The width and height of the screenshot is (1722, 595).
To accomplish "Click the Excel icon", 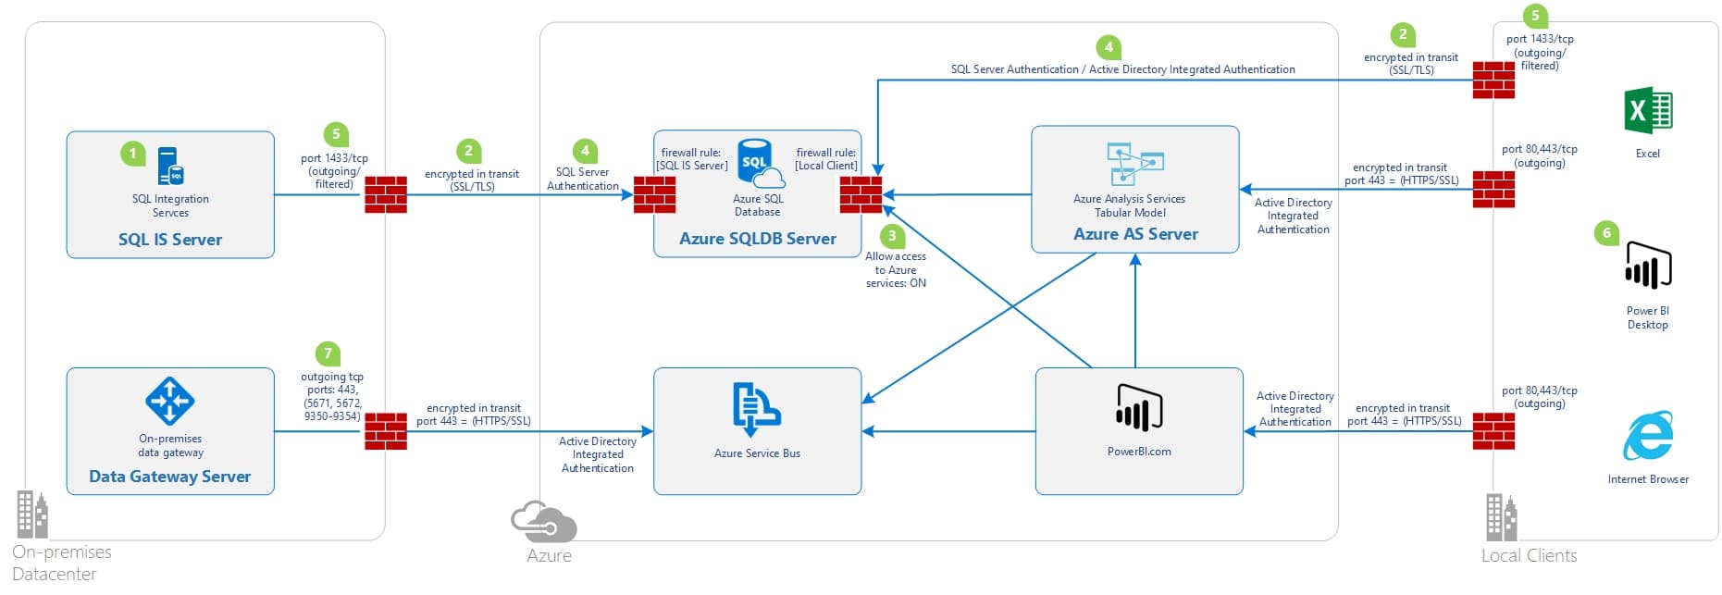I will [1647, 112].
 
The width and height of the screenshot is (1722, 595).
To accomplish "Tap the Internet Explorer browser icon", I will [1648, 436].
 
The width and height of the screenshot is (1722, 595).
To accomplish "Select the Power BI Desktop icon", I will [1648, 266].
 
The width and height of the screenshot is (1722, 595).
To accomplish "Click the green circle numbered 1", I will [132, 153].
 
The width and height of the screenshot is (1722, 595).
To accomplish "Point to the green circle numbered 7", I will [328, 353].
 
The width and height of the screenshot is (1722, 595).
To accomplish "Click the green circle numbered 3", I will [892, 236].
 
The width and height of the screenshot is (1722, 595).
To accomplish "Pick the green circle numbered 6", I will [1606, 232].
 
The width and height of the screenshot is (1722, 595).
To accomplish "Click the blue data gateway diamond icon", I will [169, 401].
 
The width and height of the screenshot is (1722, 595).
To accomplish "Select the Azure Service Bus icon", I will [756, 408].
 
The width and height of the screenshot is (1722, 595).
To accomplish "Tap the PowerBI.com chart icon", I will [1138, 408].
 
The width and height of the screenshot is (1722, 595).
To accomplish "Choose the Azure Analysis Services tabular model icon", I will [1134, 165].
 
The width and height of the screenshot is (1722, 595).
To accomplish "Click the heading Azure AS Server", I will [1135, 234].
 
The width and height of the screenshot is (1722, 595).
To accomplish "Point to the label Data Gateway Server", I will [169, 477].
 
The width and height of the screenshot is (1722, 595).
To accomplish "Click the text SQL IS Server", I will [170, 240].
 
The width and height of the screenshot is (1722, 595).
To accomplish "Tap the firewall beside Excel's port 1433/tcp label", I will [1493, 81].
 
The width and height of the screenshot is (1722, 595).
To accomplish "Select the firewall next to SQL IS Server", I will [386, 194].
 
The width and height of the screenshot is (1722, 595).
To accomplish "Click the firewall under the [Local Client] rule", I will [861, 194].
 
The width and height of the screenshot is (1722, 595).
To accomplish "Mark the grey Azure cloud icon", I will [544, 522].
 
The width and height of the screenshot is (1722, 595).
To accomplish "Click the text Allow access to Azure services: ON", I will [895, 270].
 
